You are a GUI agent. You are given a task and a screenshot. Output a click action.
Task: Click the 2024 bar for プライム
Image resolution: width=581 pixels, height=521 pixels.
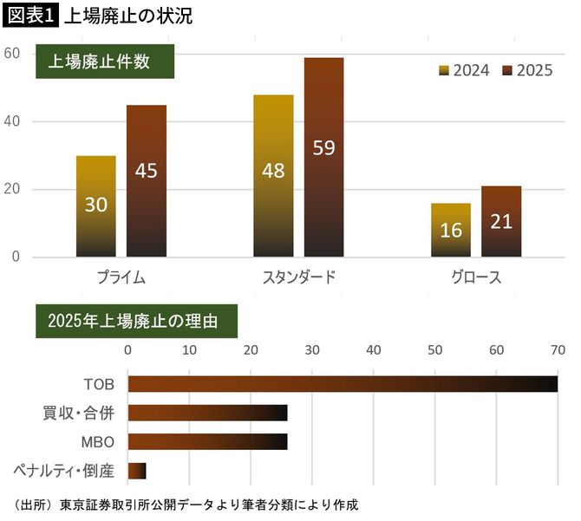[95, 206]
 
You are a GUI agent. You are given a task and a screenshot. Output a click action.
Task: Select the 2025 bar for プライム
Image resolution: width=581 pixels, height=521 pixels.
[146, 181]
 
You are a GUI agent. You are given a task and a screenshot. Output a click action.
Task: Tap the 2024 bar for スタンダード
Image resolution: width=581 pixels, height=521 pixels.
[273, 176]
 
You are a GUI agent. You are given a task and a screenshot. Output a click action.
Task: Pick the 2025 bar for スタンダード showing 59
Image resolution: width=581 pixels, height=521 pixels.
[323, 158]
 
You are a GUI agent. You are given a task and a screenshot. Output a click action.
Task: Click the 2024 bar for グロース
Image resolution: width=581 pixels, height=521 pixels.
[450, 231]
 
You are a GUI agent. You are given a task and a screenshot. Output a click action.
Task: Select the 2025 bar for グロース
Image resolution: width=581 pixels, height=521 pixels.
[501, 222]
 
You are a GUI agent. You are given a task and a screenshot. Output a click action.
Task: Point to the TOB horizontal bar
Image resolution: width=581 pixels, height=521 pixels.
[342, 384]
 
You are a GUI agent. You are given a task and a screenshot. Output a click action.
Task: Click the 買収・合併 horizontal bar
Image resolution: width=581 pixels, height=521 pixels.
[207, 414]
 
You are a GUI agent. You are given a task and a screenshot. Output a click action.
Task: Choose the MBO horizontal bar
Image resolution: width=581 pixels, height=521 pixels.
[207, 442]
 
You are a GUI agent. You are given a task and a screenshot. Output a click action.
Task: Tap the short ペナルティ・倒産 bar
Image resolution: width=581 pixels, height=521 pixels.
[136, 471]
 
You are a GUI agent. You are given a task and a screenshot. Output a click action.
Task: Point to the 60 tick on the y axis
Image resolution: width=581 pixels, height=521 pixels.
[12, 53]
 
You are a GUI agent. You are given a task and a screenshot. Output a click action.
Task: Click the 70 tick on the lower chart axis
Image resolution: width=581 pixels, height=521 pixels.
[557, 350]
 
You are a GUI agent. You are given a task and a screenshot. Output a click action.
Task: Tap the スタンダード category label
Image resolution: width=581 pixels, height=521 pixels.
[298, 277]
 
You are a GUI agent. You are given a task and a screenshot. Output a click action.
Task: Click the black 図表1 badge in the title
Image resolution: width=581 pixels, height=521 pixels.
[30, 16]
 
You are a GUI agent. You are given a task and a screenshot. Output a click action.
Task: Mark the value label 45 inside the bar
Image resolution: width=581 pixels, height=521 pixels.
[146, 171]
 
